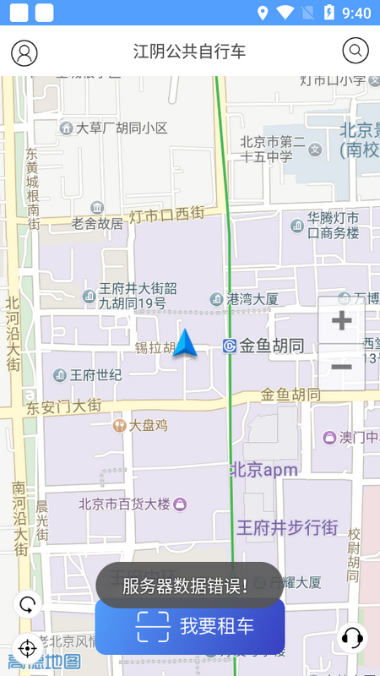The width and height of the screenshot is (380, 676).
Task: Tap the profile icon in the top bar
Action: click(24, 52)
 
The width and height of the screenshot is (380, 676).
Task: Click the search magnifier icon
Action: click(356, 51)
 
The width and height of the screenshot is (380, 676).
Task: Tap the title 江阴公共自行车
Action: click(190, 52)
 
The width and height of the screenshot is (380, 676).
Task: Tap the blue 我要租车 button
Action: click(190, 627)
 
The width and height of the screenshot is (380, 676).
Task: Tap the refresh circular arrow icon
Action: click(28, 604)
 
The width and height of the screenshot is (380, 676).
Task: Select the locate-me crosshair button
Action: click(27, 648)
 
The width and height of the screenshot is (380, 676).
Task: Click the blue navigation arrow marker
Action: click(185, 343)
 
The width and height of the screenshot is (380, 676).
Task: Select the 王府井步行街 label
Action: click(287, 528)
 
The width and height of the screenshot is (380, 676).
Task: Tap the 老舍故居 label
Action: click(96, 224)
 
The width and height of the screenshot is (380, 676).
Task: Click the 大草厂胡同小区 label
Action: click(122, 128)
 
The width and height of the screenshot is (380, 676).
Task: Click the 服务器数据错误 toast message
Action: click(189, 585)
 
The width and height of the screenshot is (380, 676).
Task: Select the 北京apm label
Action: click(264, 471)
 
